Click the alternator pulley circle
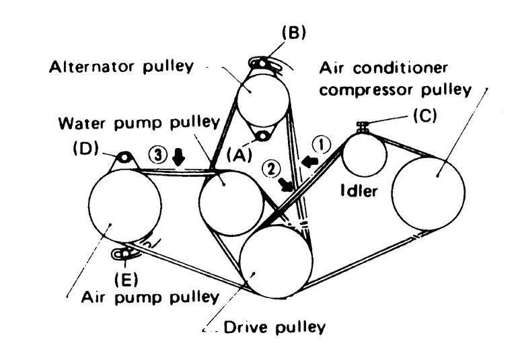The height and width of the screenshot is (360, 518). pyautogui.click(x=262, y=95)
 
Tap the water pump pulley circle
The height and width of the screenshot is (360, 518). pyautogui.click(x=231, y=203)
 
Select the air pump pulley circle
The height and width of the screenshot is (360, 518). pyautogui.click(x=125, y=205)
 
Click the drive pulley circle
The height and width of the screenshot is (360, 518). pyautogui.click(x=276, y=261)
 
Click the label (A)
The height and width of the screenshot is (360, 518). pyautogui.click(x=239, y=154)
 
